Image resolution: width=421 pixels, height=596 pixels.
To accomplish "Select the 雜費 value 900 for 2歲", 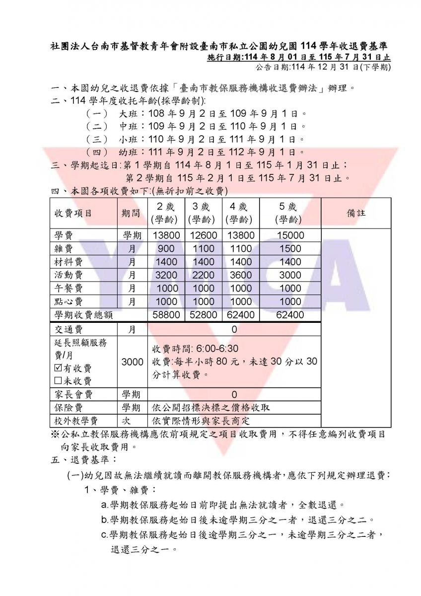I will [x=165, y=248].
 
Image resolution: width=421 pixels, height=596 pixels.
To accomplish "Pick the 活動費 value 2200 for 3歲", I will [x=203, y=275].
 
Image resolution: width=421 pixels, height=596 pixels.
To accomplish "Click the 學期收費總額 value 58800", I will [x=165, y=314].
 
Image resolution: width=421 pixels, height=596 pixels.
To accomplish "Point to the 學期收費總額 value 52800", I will [x=203, y=314].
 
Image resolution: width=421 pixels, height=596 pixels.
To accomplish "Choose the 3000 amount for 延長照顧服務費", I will [x=132, y=362].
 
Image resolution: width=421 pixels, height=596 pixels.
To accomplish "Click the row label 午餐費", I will [x=69, y=288].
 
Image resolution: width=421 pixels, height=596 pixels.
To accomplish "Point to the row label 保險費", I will [x=69, y=408].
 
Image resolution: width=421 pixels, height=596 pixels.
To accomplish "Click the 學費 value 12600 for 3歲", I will [x=203, y=235].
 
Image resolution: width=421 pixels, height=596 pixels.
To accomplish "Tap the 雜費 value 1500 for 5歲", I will [x=290, y=248].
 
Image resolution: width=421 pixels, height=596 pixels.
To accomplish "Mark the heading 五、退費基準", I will [x=83, y=459].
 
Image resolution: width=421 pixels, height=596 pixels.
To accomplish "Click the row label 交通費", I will [x=69, y=329].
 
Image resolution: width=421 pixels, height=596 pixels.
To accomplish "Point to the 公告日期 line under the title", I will [x=323, y=68].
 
